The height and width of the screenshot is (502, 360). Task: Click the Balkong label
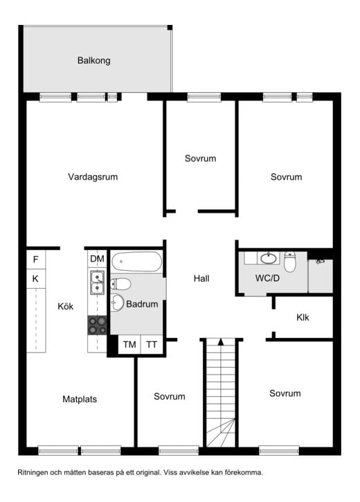click(93, 60)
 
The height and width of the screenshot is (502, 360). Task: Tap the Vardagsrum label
click(93, 177)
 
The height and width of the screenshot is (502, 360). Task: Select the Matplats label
click(80, 400)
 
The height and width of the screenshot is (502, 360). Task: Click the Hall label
click(201, 278)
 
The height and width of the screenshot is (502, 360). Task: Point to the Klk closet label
click(303, 317)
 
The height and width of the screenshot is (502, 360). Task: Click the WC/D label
click(267, 278)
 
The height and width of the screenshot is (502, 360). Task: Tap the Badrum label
click(142, 304)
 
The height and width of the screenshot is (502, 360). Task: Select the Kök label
click(65, 306)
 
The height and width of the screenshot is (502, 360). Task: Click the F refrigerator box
click(35, 260)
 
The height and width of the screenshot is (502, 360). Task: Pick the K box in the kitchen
click(35, 278)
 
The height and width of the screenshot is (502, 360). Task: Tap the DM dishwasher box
click(97, 259)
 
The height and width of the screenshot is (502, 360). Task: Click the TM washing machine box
click(129, 345)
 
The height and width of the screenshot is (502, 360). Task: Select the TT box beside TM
click(152, 345)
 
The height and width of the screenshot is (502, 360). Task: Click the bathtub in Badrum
click(136, 262)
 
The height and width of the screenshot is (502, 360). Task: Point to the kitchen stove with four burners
click(97, 325)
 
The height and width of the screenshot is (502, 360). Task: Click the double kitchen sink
click(97, 283)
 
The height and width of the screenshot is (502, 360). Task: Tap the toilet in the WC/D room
click(289, 262)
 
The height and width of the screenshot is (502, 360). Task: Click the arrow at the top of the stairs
click(220, 342)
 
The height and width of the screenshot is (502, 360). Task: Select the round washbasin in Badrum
click(118, 302)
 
